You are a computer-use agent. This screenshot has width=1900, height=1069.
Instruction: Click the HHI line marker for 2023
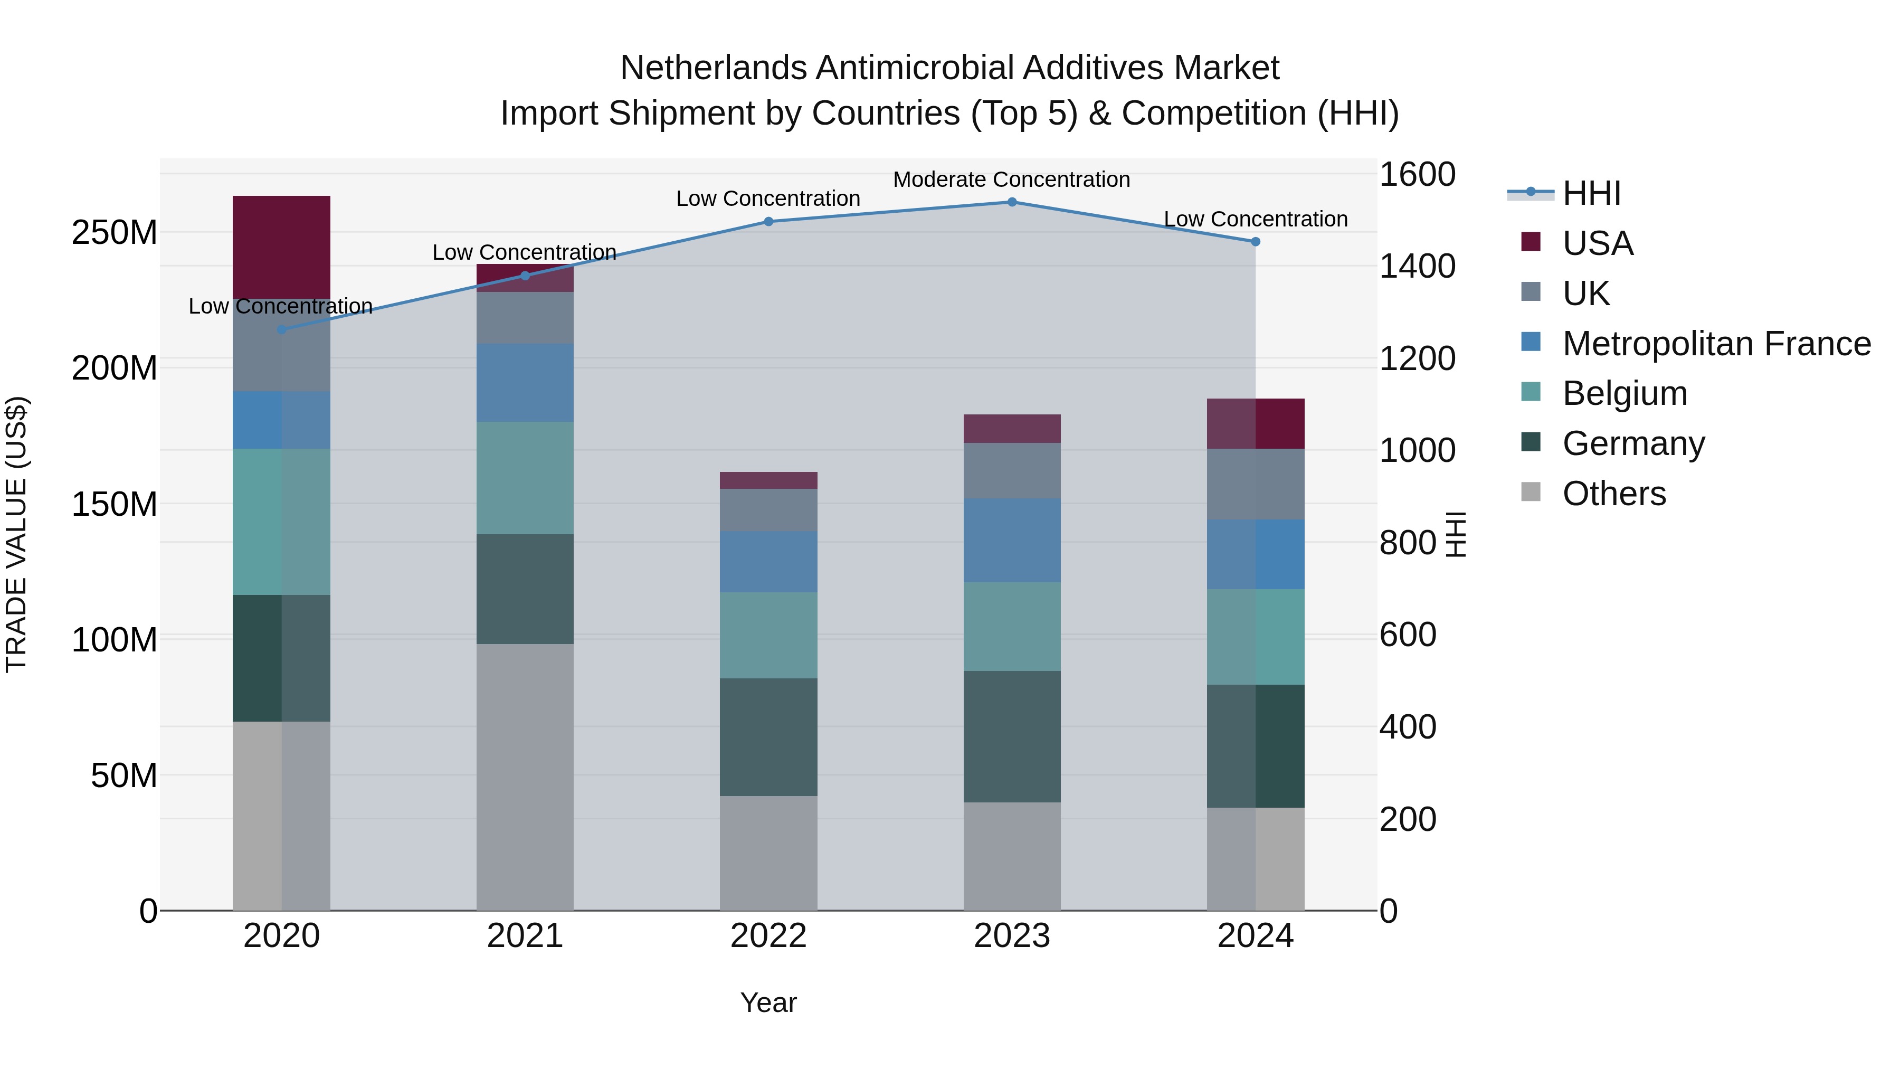pos(1012,202)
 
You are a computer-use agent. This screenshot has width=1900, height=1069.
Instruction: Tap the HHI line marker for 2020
pos(282,330)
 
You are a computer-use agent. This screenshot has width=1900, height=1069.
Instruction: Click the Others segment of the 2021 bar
pos(525,777)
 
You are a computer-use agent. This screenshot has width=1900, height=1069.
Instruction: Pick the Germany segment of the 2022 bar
pos(768,737)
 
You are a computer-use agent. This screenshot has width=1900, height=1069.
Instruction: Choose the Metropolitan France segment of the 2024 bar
pos(1256,554)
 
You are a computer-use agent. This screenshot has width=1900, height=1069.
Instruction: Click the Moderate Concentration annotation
pos(1011,179)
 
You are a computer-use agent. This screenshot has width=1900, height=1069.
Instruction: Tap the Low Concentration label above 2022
pos(768,198)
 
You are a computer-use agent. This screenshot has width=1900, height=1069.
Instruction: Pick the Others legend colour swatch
pos(1531,492)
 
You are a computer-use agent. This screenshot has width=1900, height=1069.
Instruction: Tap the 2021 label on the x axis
pos(525,936)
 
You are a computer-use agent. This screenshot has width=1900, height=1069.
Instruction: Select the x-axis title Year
pos(768,1002)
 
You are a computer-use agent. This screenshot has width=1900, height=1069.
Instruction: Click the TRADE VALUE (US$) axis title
pos(16,534)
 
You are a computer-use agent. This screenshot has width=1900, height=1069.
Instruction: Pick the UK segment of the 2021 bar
pos(525,318)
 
